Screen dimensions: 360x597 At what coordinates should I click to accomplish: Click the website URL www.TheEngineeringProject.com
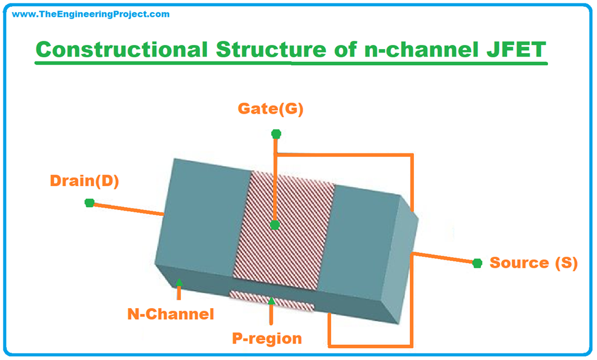click(91, 14)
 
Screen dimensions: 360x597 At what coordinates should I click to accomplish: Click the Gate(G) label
click(271, 109)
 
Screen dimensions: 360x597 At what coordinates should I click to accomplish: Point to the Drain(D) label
click(85, 181)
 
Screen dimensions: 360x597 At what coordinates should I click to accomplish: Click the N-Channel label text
click(171, 314)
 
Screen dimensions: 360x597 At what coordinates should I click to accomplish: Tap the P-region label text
click(268, 338)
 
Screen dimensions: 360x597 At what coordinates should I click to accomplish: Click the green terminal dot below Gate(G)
click(276, 134)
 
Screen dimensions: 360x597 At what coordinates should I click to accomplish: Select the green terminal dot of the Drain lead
click(89, 202)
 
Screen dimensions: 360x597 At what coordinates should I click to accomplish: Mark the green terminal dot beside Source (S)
click(477, 263)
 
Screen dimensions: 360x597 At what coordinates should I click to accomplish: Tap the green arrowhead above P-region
click(271, 301)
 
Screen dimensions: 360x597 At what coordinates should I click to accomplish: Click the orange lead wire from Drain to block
click(125, 209)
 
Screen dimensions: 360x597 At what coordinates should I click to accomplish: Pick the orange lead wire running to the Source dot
click(443, 258)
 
